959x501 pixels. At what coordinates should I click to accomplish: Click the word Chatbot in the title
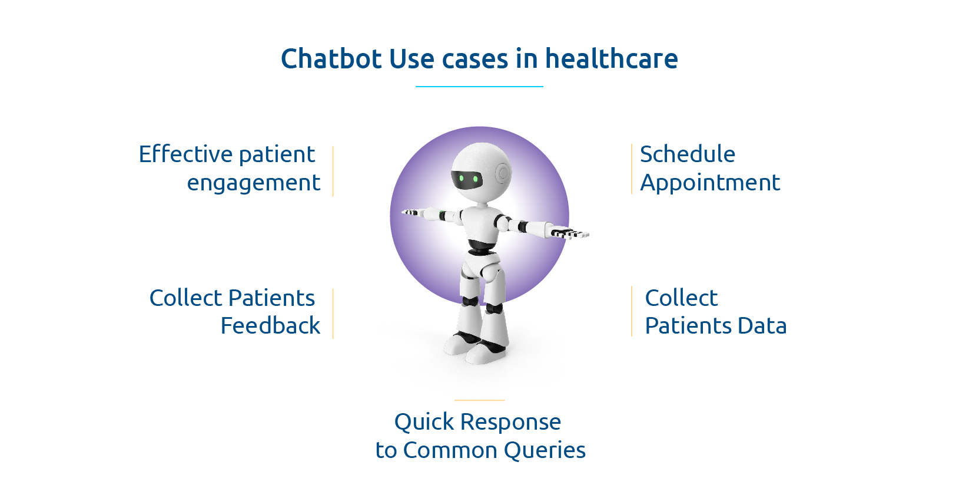(x=331, y=59)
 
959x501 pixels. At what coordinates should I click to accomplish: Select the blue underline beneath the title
(x=479, y=87)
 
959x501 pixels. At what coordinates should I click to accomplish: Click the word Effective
(x=185, y=154)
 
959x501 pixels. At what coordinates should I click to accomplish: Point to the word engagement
(x=253, y=183)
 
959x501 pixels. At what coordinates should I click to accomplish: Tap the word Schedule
(x=687, y=154)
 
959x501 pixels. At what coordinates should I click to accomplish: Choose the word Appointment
(x=709, y=183)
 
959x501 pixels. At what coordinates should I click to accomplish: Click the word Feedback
(x=270, y=326)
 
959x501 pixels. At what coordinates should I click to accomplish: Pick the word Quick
(x=424, y=422)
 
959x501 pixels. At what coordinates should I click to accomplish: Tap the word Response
(x=510, y=422)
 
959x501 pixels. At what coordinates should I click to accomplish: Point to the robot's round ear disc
(x=503, y=173)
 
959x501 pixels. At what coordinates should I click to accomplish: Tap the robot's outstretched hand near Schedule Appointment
(x=568, y=233)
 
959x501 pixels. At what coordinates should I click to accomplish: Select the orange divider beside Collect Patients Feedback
(x=333, y=314)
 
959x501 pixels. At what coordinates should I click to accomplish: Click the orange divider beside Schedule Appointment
(x=631, y=169)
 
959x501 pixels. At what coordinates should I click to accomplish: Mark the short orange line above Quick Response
(x=479, y=400)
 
